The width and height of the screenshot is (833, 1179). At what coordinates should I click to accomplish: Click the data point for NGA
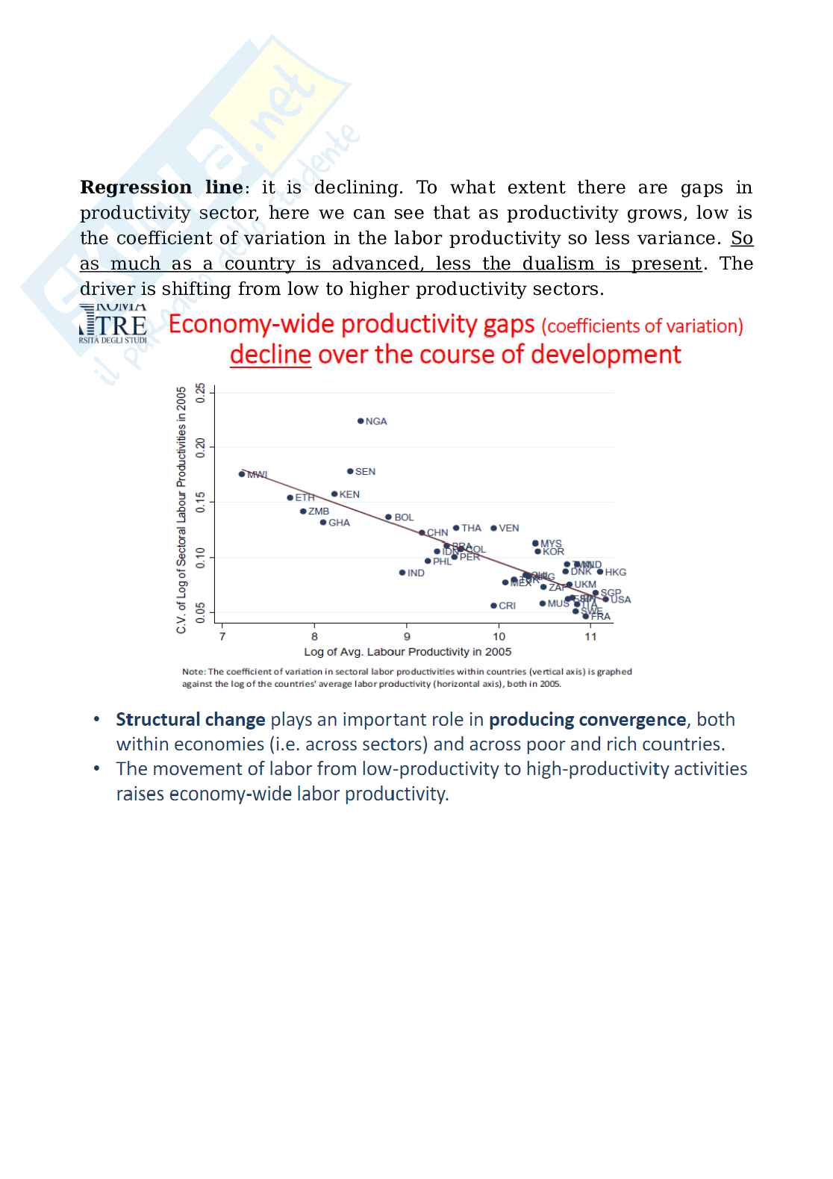pos(361,421)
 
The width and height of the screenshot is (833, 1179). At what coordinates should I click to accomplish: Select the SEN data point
pos(350,471)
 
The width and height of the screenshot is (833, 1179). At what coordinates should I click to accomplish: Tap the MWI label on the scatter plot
pos(258,475)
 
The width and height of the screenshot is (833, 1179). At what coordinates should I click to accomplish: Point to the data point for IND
pos(402,573)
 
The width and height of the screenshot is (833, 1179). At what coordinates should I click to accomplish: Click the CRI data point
pos(493,606)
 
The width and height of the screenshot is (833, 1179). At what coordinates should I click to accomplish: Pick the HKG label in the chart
pos(616,572)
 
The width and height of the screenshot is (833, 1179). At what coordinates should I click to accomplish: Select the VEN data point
pos(493,528)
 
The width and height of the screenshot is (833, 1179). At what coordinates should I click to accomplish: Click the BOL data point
pos(388,517)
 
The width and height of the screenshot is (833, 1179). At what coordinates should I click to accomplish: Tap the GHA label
pos(339,523)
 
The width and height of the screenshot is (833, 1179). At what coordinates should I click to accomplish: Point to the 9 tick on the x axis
pos(407,637)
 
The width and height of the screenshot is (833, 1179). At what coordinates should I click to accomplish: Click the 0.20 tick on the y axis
pos(200,447)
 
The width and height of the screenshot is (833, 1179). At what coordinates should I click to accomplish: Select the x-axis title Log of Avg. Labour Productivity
pos(408,652)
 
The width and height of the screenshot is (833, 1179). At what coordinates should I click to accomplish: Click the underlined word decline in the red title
pos(270,354)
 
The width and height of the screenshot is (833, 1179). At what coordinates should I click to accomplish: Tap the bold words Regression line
pos(161,187)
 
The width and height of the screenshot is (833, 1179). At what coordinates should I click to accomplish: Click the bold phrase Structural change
pos(190,719)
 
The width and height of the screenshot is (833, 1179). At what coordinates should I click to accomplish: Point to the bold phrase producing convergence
pos(587,719)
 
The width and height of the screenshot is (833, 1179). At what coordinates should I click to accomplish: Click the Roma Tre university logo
pos(113,325)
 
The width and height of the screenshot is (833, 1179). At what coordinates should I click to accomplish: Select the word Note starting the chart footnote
pos(193,671)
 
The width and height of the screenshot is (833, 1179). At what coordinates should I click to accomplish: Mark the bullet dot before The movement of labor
pos(97,768)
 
